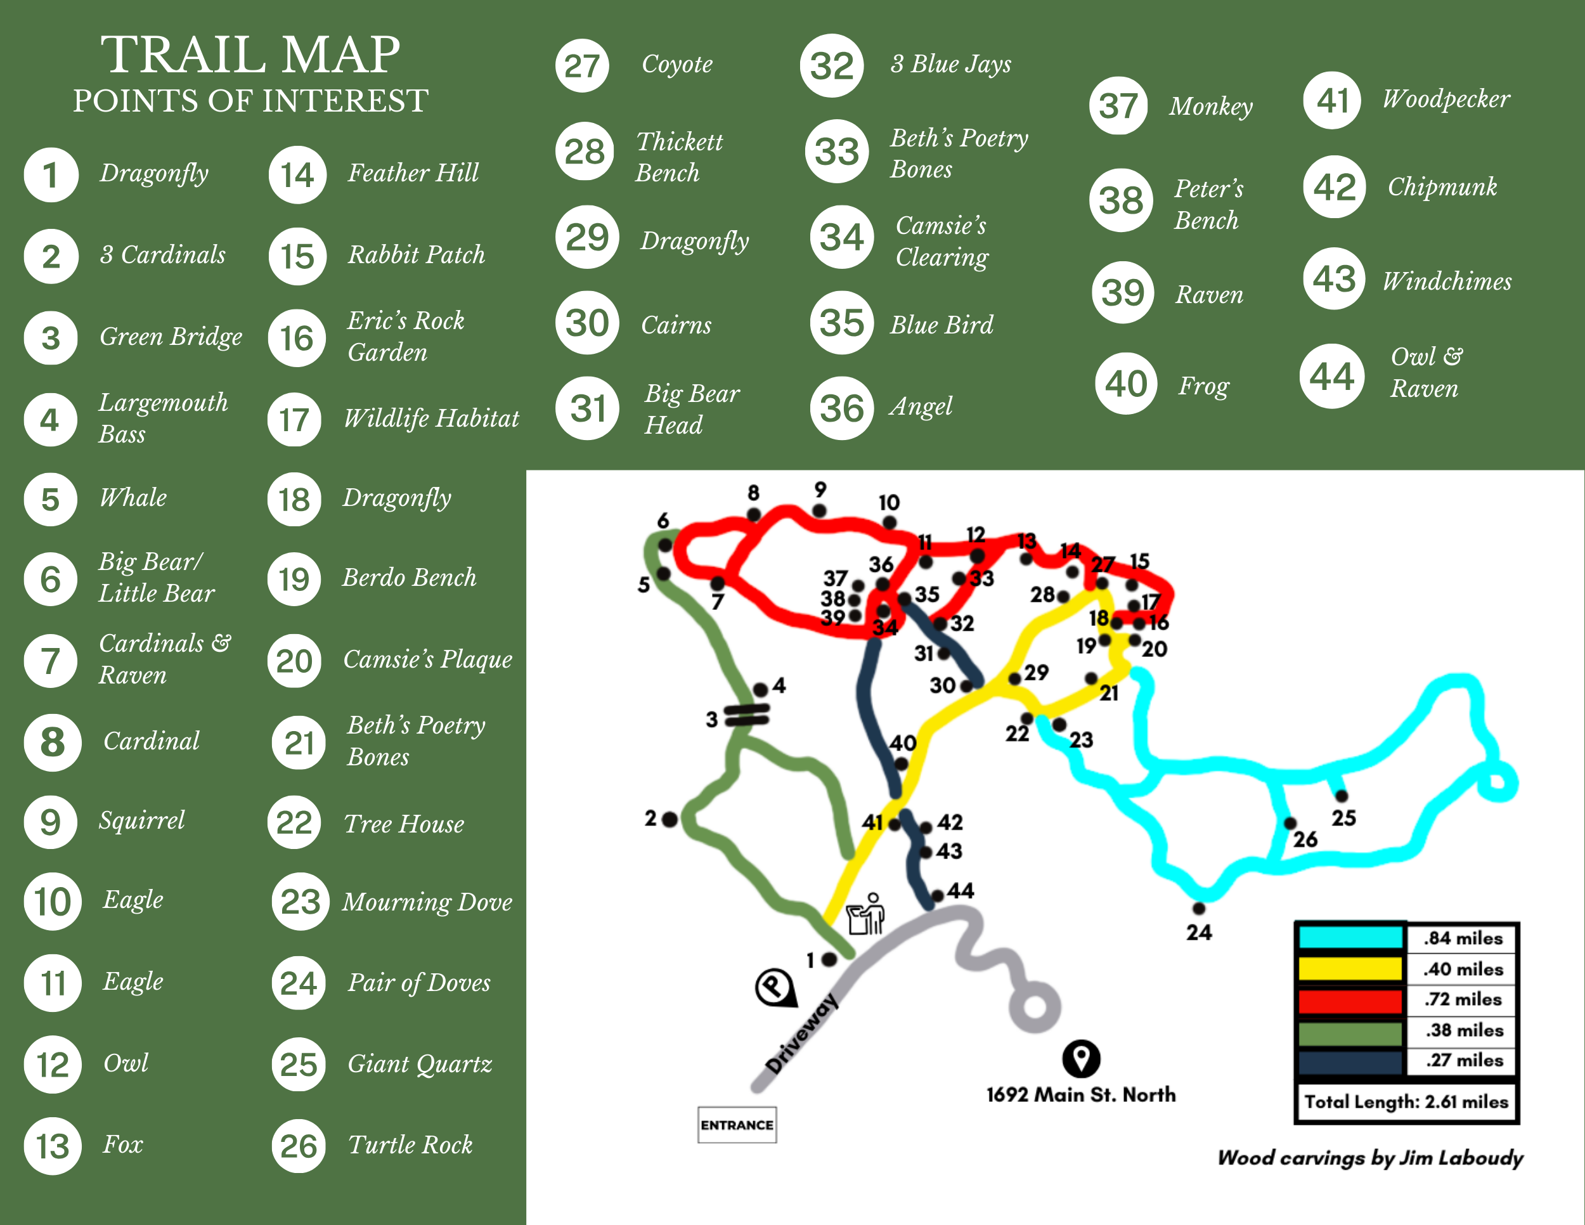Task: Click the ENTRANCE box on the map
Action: (737, 1124)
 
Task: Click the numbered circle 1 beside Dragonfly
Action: (51, 175)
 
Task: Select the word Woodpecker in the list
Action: (1446, 99)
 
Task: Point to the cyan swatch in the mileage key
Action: (1350, 937)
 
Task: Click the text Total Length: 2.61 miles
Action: (1406, 1101)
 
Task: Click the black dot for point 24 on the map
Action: (1199, 908)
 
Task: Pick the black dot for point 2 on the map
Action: (670, 819)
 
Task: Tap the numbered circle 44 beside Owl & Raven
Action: (1332, 376)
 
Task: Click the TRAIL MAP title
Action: (250, 55)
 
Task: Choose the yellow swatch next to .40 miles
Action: (1350, 968)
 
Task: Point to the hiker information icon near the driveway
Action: (867, 914)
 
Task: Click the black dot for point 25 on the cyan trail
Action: (1341, 796)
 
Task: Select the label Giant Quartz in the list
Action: (420, 1064)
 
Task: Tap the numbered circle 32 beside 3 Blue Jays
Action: (832, 65)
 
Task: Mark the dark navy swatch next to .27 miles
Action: (1350, 1061)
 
